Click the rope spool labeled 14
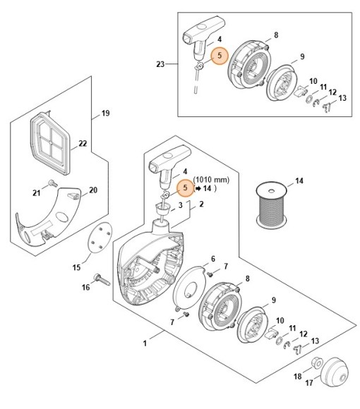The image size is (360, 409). (272, 205)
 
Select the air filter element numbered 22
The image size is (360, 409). (50, 142)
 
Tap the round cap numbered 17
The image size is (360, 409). (335, 371)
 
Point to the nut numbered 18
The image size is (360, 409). (318, 363)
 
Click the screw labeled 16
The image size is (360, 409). (102, 279)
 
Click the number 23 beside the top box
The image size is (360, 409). (160, 64)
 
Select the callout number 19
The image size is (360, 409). (105, 114)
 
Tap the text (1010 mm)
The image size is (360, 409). (211, 180)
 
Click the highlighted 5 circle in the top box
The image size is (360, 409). (220, 56)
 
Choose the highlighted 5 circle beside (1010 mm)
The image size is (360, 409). (186, 188)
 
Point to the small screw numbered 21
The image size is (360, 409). (53, 183)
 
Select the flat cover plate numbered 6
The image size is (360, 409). (189, 286)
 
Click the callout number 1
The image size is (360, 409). (145, 343)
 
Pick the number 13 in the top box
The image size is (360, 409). (342, 98)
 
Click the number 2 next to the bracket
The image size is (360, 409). (201, 204)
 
